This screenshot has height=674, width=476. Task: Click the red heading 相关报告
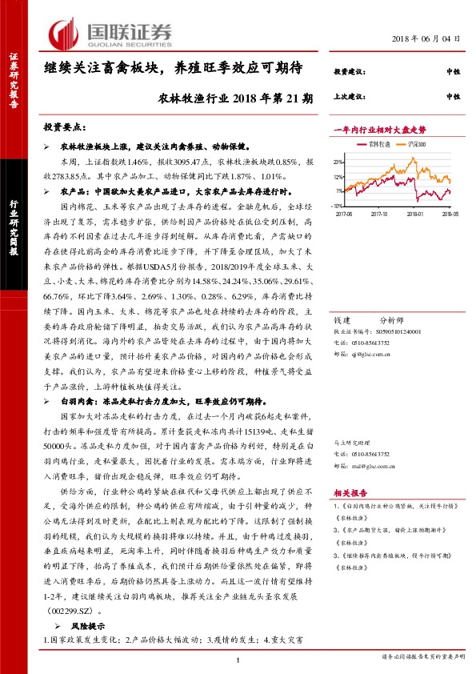coord(348,494)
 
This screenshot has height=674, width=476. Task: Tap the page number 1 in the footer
coord(238,660)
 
